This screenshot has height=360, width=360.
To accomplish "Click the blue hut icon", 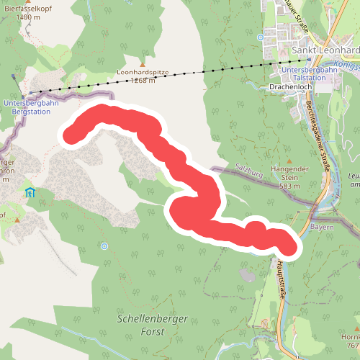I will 30,192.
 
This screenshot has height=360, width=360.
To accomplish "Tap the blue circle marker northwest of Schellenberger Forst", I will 104,246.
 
